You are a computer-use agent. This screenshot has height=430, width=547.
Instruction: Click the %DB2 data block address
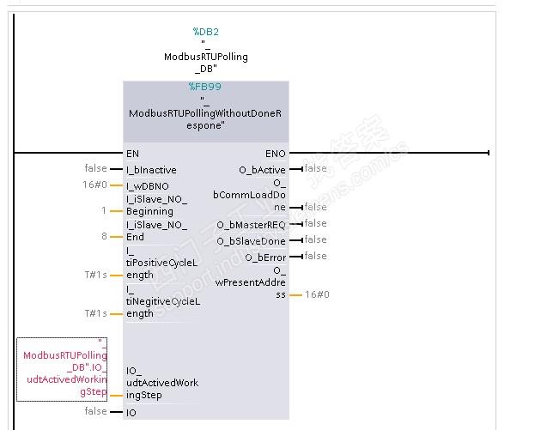pyautogui.click(x=205, y=32)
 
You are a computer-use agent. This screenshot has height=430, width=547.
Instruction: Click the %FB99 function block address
pyautogui.click(x=205, y=87)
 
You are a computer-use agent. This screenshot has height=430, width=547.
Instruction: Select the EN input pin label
pyautogui.click(x=132, y=154)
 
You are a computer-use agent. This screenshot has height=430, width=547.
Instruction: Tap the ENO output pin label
pyautogui.click(x=276, y=154)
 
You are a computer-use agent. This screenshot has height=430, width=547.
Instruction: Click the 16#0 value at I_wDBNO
pyautogui.click(x=95, y=185)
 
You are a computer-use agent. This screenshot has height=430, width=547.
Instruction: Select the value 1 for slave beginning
pyautogui.click(x=104, y=210)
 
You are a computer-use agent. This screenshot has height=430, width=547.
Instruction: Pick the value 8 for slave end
pyautogui.click(x=104, y=237)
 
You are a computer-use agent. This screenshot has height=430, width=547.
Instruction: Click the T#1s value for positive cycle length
pyautogui.click(x=95, y=276)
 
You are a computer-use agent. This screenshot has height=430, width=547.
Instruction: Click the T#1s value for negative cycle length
pyautogui.click(x=95, y=314)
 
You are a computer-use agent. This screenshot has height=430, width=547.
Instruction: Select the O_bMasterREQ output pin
pyautogui.click(x=254, y=225)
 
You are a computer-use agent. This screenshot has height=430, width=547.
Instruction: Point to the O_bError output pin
pyautogui.click(x=265, y=257)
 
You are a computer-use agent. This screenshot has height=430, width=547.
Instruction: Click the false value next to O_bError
pyautogui.click(x=315, y=256)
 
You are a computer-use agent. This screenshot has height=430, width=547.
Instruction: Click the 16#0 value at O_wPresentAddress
pyautogui.click(x=317, y=294)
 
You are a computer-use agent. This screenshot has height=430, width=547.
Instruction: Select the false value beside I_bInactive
pyautogui.click(x=96, y=168)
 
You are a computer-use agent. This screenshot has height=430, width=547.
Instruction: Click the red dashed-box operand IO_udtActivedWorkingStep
pyautogui.click(x=62, y=369)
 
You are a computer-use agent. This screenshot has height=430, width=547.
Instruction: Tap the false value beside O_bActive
pyautogui.click(x=315, y=168)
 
